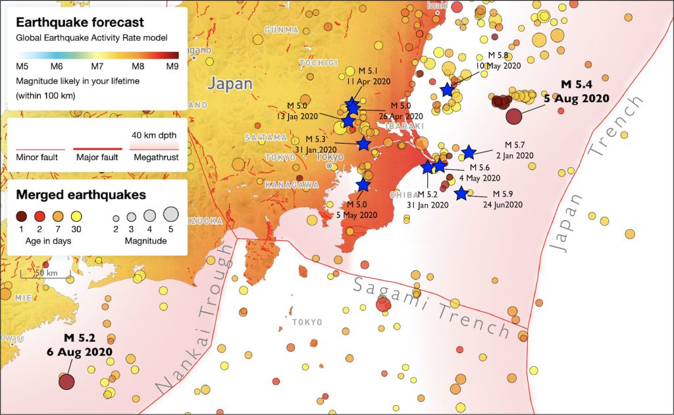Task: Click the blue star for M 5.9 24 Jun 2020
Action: click(461, 194)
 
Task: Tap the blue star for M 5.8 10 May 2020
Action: click(448, 90)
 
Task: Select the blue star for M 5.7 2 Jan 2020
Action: click(469, 152)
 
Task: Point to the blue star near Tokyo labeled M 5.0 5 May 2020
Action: click(363, 185)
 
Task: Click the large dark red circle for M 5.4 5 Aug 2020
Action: click(514, 117)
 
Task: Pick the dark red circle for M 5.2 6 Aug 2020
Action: click(66, 381)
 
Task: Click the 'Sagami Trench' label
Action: click(432, 304)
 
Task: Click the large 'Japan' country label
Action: click(230, 84)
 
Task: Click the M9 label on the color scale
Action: click(172, 66)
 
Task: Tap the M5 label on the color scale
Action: click(22, 66)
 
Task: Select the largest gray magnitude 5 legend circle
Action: click(170, 214)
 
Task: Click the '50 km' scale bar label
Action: click(43, 273)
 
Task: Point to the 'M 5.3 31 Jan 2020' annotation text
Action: click(320, 144)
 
